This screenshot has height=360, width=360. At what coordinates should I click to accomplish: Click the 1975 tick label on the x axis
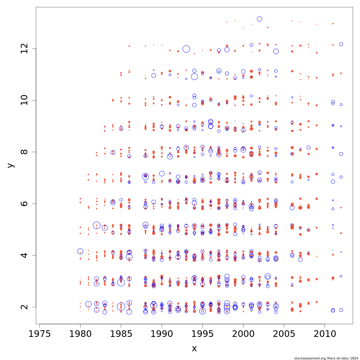40,334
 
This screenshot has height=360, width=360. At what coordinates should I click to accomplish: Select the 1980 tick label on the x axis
80,334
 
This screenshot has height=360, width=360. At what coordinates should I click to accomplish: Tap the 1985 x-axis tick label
121,334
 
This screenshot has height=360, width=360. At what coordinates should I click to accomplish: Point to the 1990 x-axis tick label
162,334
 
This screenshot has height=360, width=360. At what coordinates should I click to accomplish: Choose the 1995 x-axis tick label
202,334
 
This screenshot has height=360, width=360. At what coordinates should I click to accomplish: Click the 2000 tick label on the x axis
243,334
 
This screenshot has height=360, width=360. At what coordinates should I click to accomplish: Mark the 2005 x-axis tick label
284,334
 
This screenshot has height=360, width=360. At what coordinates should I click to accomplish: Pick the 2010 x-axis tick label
325,334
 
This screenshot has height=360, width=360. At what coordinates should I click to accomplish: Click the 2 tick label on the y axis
25,307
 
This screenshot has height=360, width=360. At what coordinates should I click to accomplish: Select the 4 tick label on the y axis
25,255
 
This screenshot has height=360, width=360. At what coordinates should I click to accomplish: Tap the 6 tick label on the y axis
25,203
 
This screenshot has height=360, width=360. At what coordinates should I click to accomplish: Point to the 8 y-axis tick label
25,152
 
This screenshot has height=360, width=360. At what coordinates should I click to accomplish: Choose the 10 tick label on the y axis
25,100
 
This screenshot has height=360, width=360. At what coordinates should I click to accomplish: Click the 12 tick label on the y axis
25,49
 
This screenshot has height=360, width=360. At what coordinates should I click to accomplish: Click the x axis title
194,349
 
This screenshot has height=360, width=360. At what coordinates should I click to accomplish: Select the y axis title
11,165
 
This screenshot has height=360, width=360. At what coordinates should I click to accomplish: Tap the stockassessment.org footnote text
326,358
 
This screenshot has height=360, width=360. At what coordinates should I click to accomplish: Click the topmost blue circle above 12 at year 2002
259,19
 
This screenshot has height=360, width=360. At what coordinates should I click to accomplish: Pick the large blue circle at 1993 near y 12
186,49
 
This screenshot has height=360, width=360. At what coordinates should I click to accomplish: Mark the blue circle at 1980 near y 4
80,251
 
